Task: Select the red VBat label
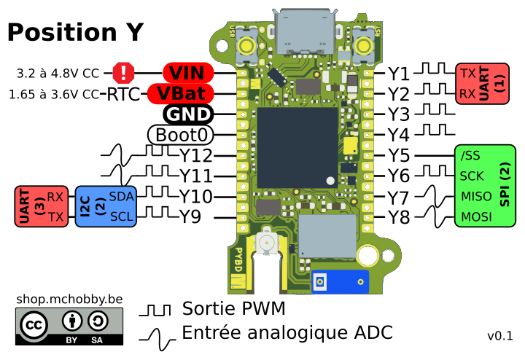click(181, 94)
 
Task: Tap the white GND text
click(188, 114)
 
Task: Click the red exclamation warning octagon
click(124, 73)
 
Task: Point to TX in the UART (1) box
click(467, 74)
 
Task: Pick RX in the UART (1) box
click(467, 93)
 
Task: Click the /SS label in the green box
click(470, 155)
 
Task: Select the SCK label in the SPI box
click(472, 176)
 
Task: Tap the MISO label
click(476, 197)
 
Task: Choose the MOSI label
click(476, 217)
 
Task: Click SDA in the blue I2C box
click(122, 197)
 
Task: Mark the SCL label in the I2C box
click(122, 217)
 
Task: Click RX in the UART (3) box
click(55, 197)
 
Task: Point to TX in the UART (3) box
click(56, 217)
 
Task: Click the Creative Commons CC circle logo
click(34, 324)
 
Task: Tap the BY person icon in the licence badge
click(71, 321)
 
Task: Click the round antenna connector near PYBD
click(267, 242)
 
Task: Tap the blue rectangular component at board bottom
click(340, 281)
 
